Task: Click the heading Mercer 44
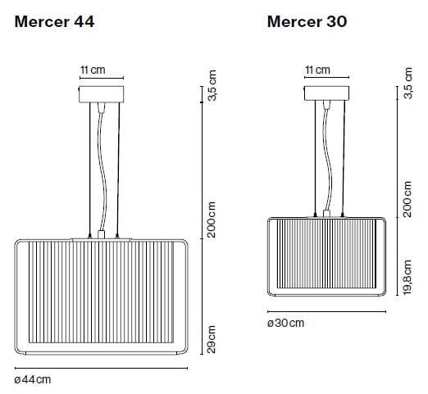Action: pyautogui.click(x=54, y=22)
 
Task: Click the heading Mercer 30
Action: pyautogui.click(x=307, y=22)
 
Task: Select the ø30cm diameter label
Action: pyautogui.click(x=285, y=323)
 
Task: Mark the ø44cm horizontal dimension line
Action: pyautogui.click(x=102, y=366)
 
